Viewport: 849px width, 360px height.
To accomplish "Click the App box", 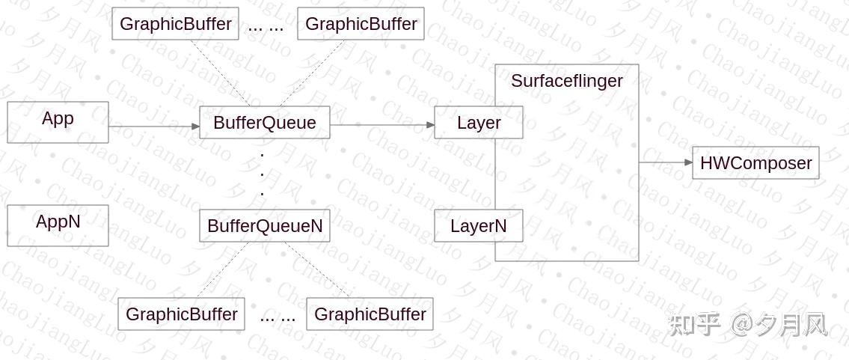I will coord(58,122).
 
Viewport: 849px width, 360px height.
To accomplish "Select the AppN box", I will coord(58,225).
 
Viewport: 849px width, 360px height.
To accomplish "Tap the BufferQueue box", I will coord(264,123).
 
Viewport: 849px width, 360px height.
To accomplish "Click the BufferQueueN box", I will coord(264,226).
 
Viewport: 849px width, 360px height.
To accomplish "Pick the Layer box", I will coord(478,123).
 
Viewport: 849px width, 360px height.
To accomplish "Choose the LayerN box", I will coord(478,226).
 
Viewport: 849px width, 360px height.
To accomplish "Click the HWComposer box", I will coord(755,163).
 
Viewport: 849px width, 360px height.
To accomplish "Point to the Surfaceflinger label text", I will coord(566,81).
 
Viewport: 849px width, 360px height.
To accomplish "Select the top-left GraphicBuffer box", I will coord(175,24).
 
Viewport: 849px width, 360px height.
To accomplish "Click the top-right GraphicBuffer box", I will coord(361,24).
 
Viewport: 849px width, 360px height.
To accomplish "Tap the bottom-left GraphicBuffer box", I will coord(181,314).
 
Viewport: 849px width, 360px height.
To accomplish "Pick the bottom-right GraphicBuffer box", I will coord(370,314).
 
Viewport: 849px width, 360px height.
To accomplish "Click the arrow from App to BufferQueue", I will coord(153,126).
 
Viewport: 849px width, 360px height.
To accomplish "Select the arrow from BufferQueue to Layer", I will coord(381,125).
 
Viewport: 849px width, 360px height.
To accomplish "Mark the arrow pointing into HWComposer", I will coord(666,162).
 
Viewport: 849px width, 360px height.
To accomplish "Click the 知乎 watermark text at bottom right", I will coord(694,325).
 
